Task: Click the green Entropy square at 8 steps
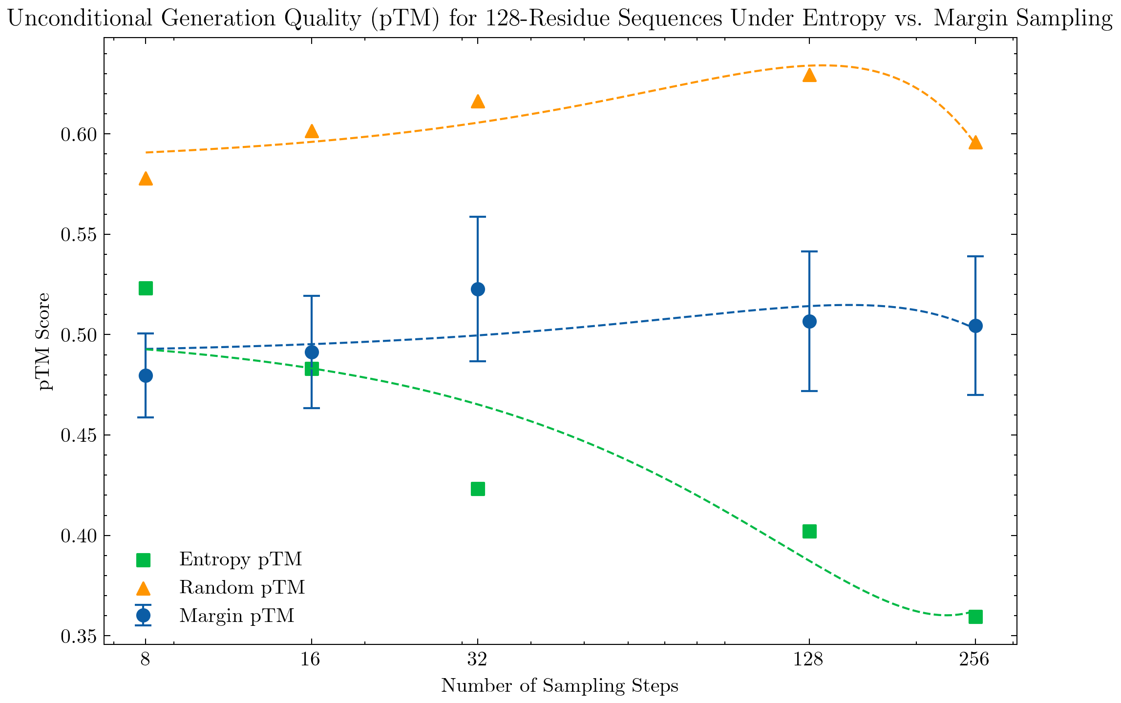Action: (146, 288)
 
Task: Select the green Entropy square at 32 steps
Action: (478, 489)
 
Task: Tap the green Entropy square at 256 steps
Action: (975, 617)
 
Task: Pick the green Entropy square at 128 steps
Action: (809, 531)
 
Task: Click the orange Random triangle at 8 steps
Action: (146, 179)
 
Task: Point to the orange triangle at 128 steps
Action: (809, 75)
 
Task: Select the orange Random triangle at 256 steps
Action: (975, 143)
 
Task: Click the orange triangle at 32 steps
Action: (478, 102)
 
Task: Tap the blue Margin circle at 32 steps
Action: (478, 289)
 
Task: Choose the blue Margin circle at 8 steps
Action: (146, 375)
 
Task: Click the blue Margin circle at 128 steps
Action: (809, 321)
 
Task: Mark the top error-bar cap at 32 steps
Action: (478, 217)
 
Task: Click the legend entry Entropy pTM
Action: (240, 559)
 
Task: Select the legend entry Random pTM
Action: (242, 587)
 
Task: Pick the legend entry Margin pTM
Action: (236, 616)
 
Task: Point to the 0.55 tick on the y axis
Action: (80, 234)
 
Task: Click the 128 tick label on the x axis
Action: (809, 660)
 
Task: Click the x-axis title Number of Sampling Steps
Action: (560, 686)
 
